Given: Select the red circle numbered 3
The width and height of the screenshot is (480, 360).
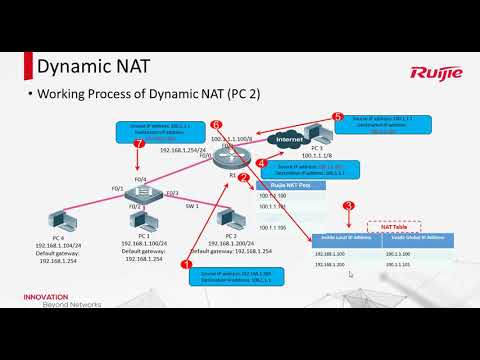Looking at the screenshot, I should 347,206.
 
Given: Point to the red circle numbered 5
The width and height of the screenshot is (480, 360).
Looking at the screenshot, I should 337,117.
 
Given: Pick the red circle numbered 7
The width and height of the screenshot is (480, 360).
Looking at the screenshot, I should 139,143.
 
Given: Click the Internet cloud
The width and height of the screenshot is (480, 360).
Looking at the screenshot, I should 288,140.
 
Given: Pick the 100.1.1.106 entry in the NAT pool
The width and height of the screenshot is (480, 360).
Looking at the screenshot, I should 272,228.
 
